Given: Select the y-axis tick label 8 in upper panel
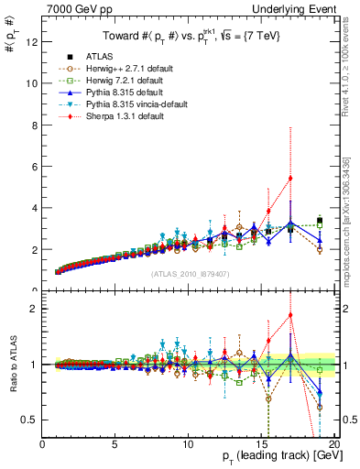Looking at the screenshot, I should [33, 125].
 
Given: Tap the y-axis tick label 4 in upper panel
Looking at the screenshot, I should [33, 208].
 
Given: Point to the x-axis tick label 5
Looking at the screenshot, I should [115, 444].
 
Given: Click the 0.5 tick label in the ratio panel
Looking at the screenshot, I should [28, 420].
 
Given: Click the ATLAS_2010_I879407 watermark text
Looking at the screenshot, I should [188, 273].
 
